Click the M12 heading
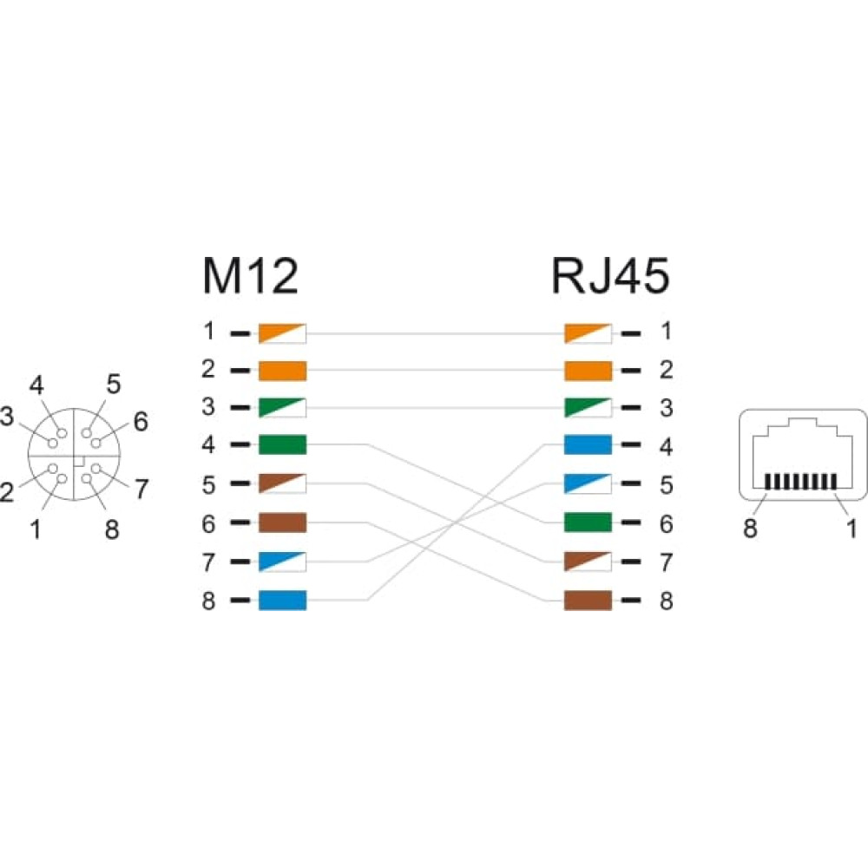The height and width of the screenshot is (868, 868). (250, 275)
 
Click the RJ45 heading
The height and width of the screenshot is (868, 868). (610, 275)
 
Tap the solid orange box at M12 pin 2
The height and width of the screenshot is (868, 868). (282, 371)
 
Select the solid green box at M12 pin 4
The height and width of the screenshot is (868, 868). (282, 444)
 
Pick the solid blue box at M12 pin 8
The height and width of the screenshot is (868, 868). (282, 601)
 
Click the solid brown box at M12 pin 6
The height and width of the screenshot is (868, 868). (282, 523)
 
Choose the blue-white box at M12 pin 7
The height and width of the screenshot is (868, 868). (282, 562)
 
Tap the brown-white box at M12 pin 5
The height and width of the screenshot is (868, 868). (282, 483)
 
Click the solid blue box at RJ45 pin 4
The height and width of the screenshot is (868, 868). (588, 444)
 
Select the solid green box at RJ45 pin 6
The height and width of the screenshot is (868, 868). (588, 523)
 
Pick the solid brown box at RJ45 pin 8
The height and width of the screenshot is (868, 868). (588, 601)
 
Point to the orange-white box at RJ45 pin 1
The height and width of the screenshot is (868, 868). (588, 334)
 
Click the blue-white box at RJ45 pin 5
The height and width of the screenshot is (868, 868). (588, 483)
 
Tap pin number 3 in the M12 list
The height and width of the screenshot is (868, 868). (208, 407)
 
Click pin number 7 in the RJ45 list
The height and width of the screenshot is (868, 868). (667, 562)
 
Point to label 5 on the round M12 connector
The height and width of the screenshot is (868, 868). (114, 385)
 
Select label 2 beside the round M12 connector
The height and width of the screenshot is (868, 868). (7, 492)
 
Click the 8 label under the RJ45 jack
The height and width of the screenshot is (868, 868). (750, 528)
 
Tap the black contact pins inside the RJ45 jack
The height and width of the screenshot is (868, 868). (801, 482)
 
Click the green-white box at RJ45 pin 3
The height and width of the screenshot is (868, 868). (588, 408)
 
